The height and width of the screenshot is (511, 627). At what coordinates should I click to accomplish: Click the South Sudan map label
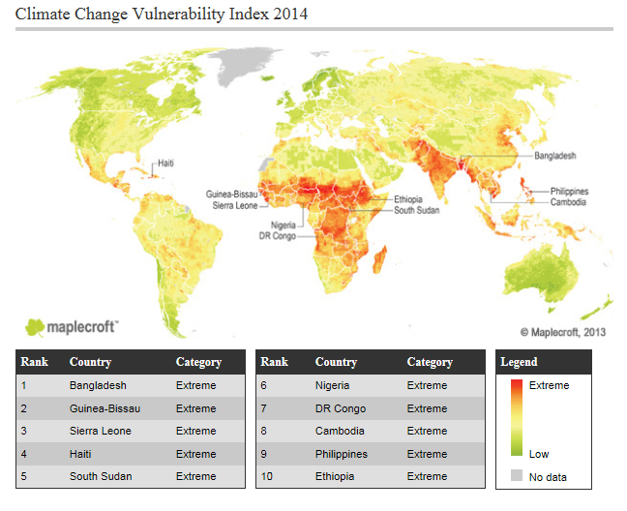coord(418,210)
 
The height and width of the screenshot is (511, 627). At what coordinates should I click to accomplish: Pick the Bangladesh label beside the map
coord(554,155)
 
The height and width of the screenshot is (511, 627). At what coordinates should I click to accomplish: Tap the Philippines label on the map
coord(569,192)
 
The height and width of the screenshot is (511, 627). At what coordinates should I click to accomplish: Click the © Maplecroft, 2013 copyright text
coord(563,331)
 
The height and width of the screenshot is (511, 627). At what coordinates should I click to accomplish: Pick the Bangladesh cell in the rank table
coord(98,385)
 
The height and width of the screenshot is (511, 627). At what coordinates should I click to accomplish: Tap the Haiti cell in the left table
coord(81,454)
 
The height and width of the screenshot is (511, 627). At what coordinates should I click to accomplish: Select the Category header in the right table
coord(430,362)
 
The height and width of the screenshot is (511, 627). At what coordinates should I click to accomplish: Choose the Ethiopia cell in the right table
coord(336,476)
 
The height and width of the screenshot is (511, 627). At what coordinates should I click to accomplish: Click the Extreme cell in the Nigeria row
coord(427,385)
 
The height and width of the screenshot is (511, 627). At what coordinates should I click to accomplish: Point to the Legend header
coord(519,362)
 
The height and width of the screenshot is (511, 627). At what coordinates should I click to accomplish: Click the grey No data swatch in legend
coord(516,475)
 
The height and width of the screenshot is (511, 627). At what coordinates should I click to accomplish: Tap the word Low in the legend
coord(539,454)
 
